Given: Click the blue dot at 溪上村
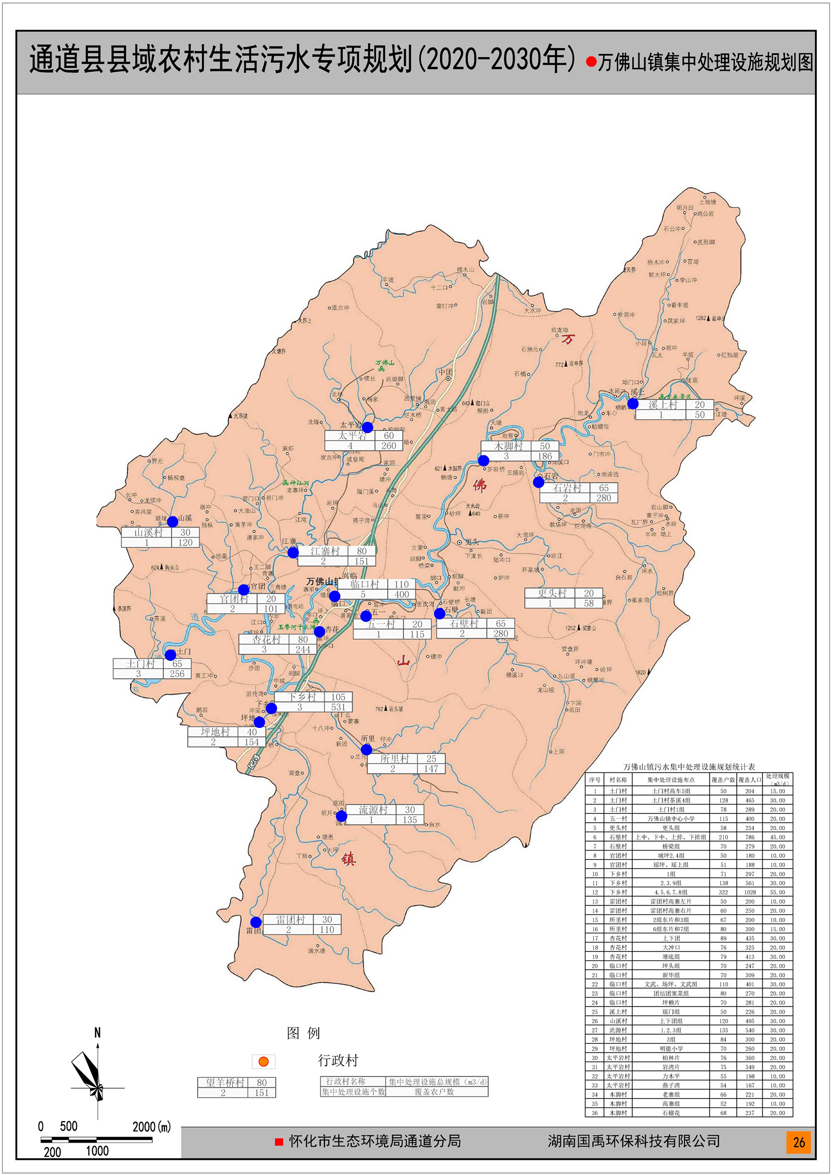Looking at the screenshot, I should click(633, 404).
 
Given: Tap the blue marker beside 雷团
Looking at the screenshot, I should click(256, 922).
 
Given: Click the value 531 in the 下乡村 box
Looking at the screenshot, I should click(338, 707).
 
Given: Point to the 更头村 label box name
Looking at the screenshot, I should click(552, 593).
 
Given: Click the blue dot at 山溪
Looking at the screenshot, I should click(172, 521).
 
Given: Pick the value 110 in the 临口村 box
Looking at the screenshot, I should click(401, 584).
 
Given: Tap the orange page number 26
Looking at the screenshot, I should click(799, 1142).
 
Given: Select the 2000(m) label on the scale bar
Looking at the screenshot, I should click(152, 1126).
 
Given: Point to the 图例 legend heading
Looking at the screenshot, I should click(303, 1033).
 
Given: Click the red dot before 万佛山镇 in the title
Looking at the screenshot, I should click(591, 62).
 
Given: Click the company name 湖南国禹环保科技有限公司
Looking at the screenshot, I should click(634, 1141).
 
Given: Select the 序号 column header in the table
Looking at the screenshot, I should click(594, 780).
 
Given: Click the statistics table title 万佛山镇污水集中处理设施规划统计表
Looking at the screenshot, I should click(689, 767).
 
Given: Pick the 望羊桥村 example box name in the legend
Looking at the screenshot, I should click(224, 1082).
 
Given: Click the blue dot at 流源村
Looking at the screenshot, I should click(341, 816).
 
